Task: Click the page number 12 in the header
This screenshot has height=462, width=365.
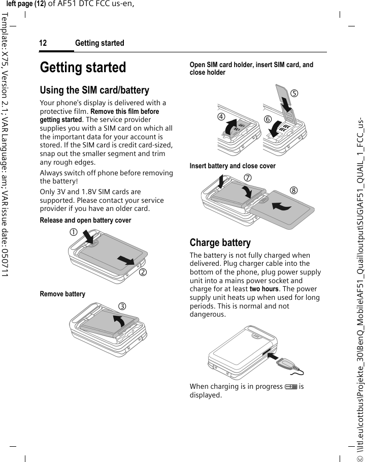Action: (43, 43)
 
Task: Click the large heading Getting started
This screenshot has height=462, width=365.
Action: (83, 68)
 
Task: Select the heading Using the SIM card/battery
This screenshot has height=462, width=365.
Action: (94, 90)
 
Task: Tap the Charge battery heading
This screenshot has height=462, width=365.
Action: (220, 242)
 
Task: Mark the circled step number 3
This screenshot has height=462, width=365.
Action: (137, 306)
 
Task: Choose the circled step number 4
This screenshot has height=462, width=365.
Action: (221, 115)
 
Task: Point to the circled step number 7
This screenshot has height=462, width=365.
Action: (248, 178)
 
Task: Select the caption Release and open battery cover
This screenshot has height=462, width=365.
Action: (85, 221)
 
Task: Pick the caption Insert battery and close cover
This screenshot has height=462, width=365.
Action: (233, 166)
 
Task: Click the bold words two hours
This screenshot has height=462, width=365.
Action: (262, 289)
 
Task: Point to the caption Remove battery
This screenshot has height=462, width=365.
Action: (62, 294)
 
